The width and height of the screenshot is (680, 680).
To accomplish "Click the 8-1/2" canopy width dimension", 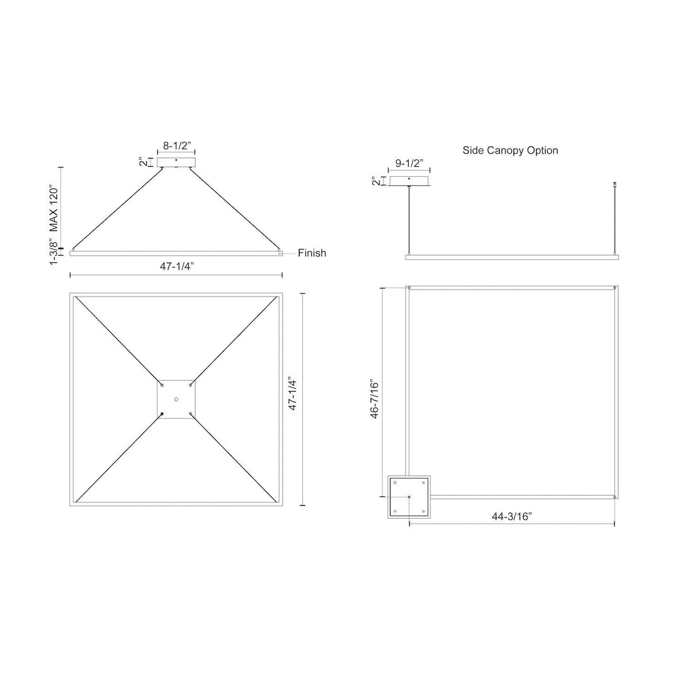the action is pyautogui.click(x=177, y=146).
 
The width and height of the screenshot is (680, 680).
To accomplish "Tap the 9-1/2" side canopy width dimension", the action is pyautogui.click(x=409, y=164).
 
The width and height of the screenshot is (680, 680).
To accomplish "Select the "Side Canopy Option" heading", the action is pyautogui.click(x=510, y=150).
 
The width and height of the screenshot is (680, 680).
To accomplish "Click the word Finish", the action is pyautogui.click(x=312, y=253).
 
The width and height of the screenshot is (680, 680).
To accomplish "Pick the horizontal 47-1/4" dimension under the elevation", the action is pyautogui.click(x=176, y=266).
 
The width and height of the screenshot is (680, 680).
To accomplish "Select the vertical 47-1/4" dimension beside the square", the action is pyautogui.click(x=293, y=395).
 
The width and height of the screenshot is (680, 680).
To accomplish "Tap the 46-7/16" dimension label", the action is pyautogui.click(x=374, y=400).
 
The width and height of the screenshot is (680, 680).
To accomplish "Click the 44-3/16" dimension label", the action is pyautogui.click(x=512, y=516).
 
